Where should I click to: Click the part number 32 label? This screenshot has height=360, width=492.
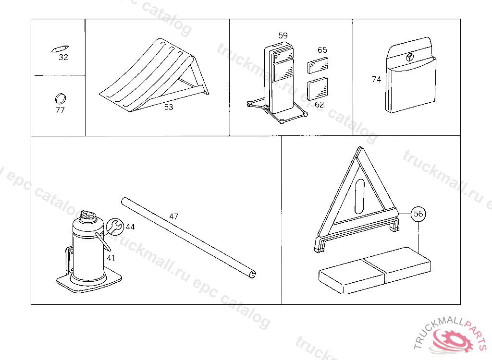63,57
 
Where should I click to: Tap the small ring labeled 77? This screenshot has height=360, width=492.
60,98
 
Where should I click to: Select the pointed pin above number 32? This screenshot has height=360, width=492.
60,49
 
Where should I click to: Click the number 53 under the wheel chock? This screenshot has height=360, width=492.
169,107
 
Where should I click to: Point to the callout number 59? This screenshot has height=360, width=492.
283,36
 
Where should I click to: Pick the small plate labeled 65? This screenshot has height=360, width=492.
318,65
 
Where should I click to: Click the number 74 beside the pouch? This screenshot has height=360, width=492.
376,80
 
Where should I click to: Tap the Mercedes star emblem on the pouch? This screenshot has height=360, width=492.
410,57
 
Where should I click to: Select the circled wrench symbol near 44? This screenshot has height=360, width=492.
115,227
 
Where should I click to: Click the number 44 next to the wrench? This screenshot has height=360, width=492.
130,227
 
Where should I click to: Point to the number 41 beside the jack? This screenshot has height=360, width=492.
111,258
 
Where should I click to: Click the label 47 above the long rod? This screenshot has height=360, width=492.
173,216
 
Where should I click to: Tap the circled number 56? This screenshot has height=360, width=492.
418,214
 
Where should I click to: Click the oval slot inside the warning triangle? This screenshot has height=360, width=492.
359,197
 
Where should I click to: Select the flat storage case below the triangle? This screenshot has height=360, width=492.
375,270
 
